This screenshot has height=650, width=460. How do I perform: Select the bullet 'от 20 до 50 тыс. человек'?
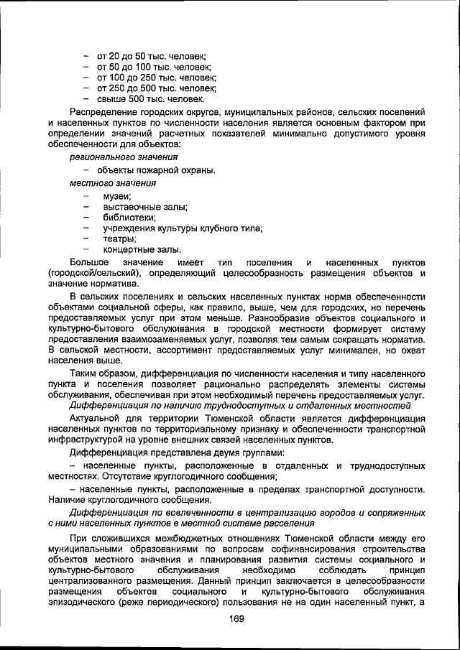[152, 55]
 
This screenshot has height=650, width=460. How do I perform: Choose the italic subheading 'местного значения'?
[109, 183]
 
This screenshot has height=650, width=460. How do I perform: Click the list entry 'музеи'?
[116, 196]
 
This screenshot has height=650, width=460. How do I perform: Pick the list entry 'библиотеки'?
[129, 218]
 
